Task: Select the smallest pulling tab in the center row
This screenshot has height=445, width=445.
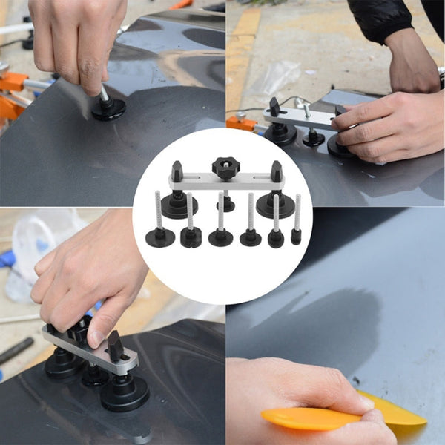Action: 296,236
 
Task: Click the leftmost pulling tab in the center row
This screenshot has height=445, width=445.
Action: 160,237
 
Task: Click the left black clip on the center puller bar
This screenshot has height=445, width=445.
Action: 177,173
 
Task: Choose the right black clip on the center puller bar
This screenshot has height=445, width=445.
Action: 276,172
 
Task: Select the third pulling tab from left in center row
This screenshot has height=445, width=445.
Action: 220,237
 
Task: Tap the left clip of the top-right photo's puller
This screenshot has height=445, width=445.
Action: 274,108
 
